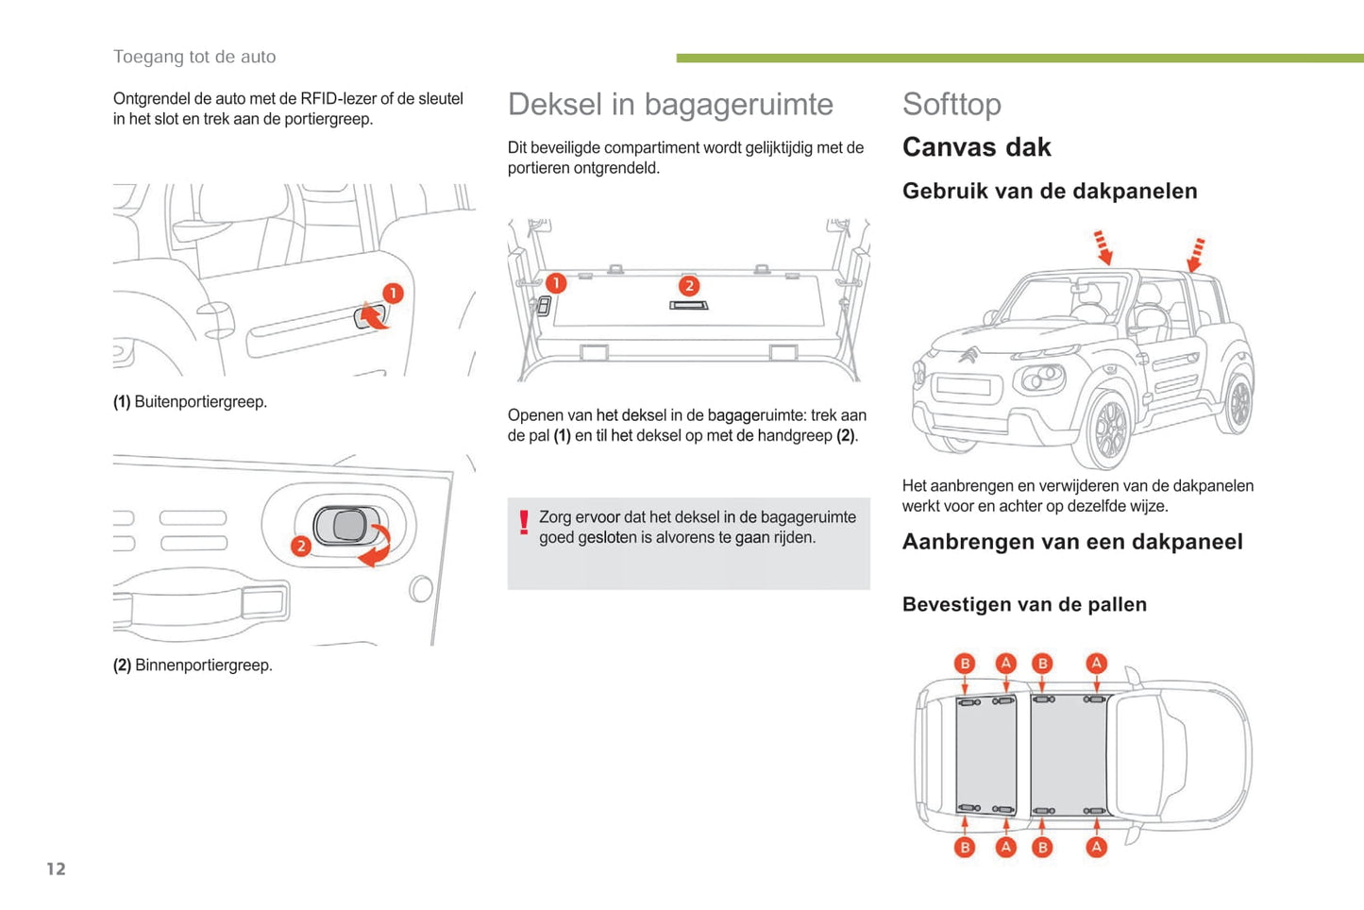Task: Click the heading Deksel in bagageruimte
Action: [670, 105]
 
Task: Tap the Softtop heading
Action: [951, 105]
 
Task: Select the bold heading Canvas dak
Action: [976, 147]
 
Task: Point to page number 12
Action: [57, 868]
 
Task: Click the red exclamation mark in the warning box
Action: [524, 522]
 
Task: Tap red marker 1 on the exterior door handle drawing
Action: [393, 294]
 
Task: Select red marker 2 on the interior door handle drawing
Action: [301, 546]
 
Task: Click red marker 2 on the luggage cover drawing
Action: [689, 285]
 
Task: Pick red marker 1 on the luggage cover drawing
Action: [556, 282]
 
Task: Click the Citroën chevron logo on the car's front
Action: [968, 356]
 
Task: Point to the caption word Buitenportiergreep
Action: [200, 402]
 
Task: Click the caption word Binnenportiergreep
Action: [203, 666]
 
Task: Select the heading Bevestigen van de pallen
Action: [1024, 605]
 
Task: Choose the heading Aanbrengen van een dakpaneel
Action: [1072, 542]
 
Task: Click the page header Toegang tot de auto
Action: [194, 57]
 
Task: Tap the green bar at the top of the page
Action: [1019, 59]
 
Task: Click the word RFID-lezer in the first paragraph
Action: [338, 99]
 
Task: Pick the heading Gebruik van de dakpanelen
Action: [1050, 192]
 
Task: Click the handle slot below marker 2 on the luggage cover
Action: [689, 306]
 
